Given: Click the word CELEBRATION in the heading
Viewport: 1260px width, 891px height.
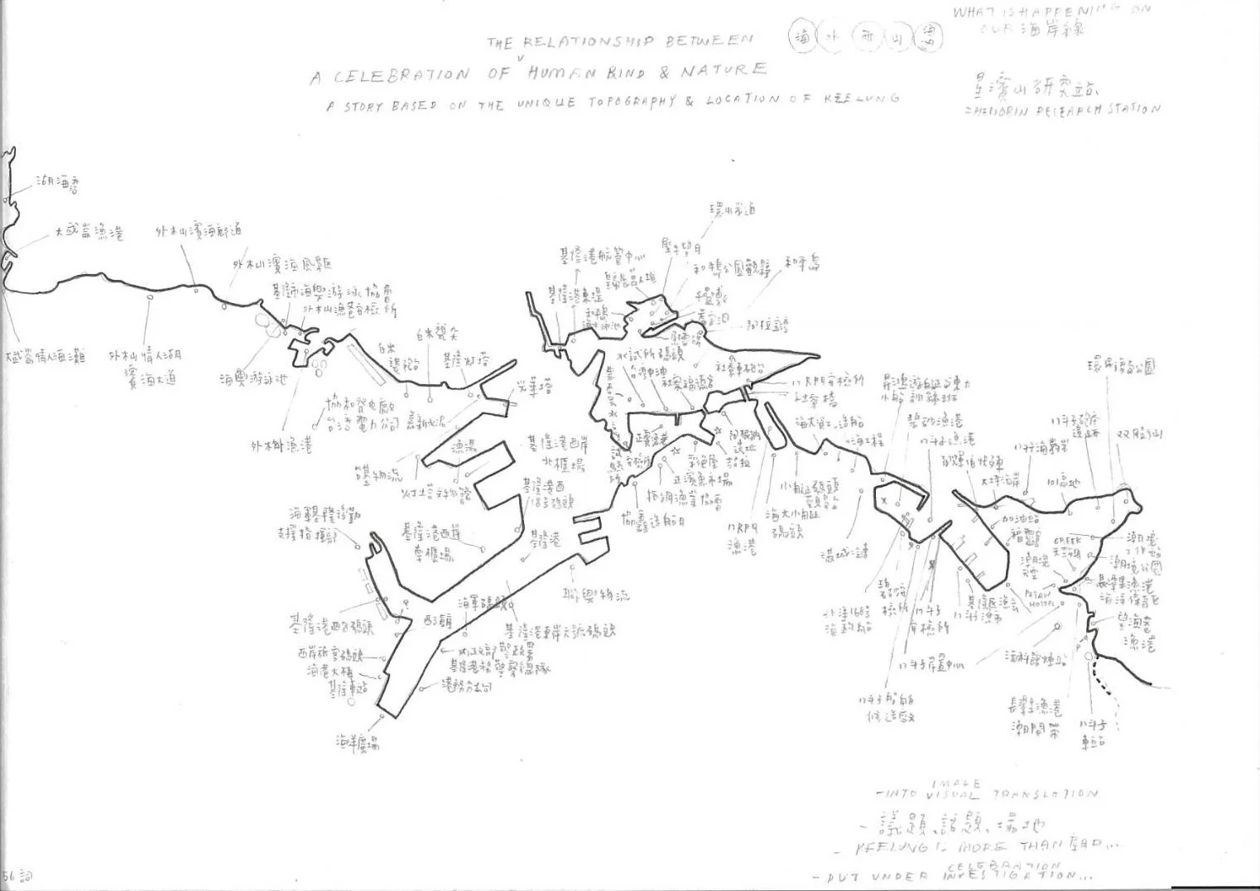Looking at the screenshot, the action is tap(402, 75).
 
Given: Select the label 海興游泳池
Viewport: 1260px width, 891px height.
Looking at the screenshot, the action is tap(253, 380).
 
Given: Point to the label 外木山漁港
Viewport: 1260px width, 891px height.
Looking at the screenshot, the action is tap(282, 446).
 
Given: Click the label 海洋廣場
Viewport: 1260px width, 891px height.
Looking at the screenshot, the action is tap(358, 743).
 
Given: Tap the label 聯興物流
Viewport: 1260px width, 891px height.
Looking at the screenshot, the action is tap(595, 595).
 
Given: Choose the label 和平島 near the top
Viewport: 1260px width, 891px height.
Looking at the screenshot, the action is tap(802, 264).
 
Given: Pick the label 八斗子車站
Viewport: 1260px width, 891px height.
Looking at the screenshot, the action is tap(1094, 734).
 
